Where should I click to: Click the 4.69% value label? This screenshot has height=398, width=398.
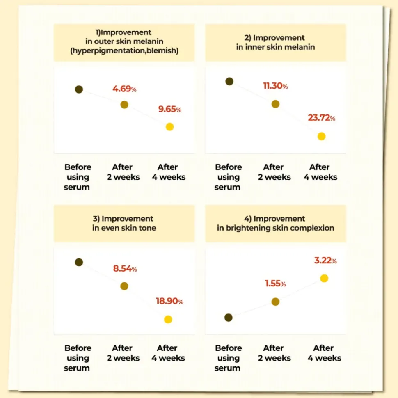(124, 89)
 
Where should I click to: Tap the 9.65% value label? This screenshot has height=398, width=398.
(169, 110)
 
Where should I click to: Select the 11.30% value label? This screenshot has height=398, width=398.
(275, 86)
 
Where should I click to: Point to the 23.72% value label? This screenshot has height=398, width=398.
(321, 118)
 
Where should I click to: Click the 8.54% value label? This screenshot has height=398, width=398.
(125, 269)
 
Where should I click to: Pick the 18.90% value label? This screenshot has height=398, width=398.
(169, 301)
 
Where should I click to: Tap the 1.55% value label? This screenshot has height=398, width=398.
(275, 284)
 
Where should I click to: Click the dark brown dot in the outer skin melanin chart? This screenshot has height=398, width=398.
(79, 89)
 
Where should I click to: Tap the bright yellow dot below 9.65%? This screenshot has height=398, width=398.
(169, 127)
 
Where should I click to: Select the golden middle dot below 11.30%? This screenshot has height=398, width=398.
(275, 104)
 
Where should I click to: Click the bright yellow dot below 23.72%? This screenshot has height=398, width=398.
(321, 136)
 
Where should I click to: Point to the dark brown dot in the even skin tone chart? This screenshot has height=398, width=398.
(79, 262)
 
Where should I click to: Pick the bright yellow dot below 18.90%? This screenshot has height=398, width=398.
(168, 319)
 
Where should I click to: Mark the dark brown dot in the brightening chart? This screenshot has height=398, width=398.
(229, 318)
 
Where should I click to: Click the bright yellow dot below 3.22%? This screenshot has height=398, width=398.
(324, 278)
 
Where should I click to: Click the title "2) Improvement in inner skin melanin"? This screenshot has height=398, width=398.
(275, 42)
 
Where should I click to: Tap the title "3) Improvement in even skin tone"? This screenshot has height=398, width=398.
(124, 223)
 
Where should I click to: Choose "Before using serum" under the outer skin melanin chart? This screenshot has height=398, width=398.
(78, 177)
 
